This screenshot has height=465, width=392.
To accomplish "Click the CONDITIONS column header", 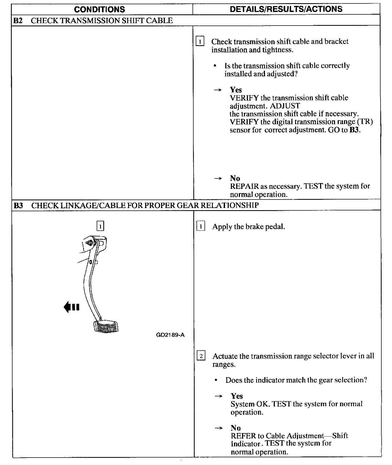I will [99, 9].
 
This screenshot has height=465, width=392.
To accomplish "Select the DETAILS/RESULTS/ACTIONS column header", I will [286, 9].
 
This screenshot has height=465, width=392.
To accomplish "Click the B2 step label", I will [18, 20].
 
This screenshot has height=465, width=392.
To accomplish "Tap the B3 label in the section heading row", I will [18, 205].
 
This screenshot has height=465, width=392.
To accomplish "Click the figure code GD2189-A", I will [170, 335].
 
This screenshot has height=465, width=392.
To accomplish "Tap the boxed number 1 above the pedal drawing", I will [100, 226].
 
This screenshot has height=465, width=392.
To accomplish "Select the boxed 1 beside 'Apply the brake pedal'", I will [201, 226].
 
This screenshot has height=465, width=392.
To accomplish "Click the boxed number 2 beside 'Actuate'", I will [201, 356].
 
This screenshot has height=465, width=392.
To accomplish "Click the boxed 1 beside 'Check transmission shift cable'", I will [200, 41].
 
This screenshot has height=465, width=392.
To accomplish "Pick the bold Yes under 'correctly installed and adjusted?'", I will [236, 90].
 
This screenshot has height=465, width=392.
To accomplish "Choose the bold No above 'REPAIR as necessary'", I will [235, 178].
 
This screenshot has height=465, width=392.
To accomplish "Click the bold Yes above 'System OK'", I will [236, 396].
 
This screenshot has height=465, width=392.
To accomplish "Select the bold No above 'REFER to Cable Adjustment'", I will [236, 428].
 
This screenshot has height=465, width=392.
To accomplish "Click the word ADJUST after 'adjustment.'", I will [285, 106].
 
